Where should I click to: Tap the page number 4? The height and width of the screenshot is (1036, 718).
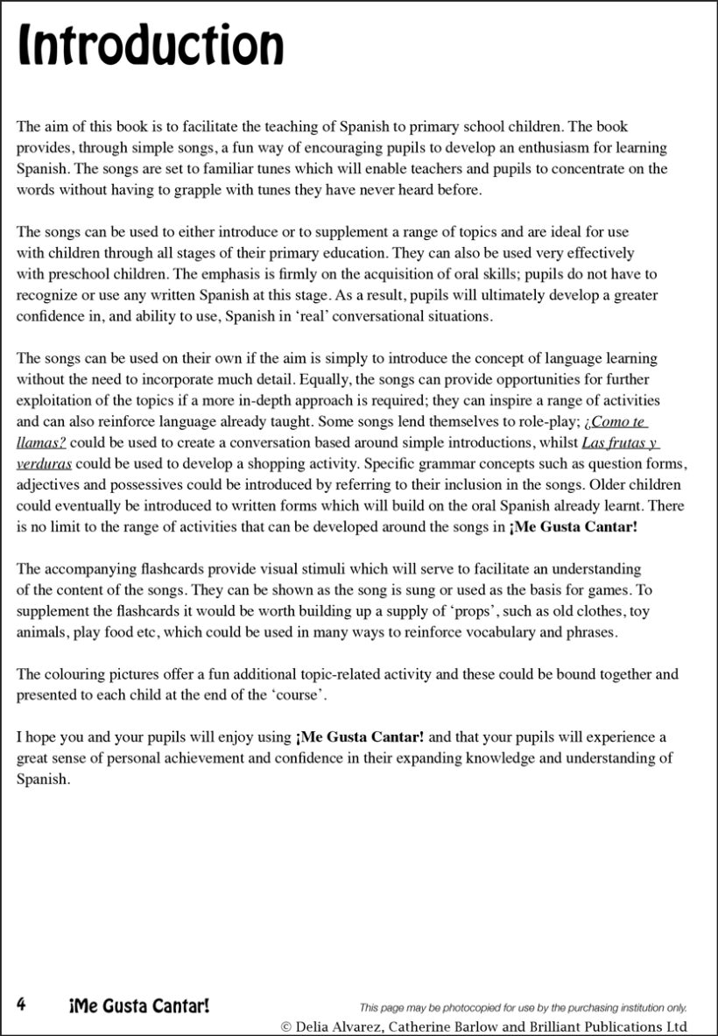pyautogui.click(x=22, y=1004)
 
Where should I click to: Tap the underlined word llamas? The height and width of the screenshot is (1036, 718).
pyautogui.click(x=41, y=442)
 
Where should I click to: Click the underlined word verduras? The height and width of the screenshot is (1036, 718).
pyautogui.click(x=44, y=463)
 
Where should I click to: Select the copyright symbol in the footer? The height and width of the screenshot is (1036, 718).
pyautogui.click(x=286, y=1026)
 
